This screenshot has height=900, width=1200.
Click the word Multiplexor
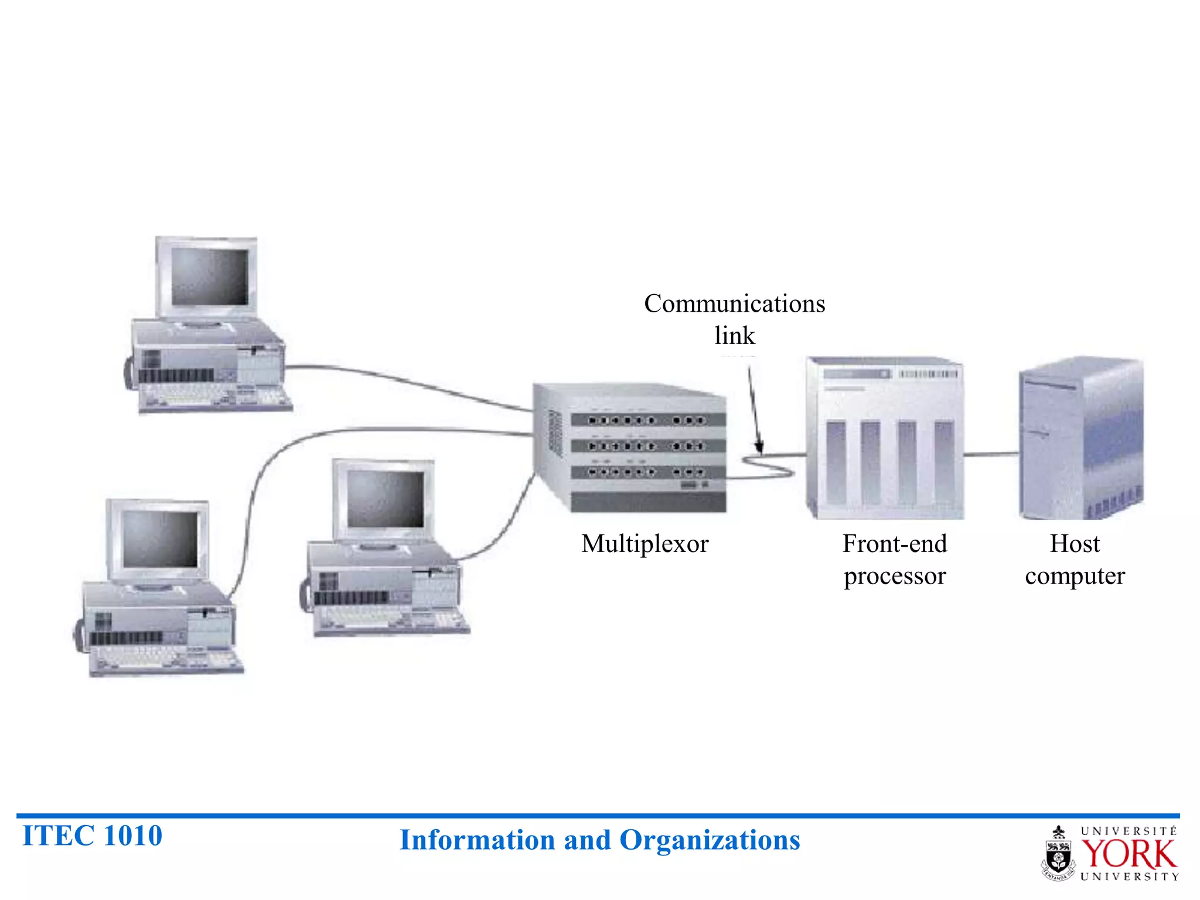click(645, 544)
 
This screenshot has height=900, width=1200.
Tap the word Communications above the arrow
click(734, 304)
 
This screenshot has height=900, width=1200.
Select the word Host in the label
click(1074, 543)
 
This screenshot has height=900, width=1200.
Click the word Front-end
click(894, 543)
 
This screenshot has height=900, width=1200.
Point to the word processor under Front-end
click(894, 576)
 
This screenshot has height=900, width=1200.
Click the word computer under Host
click(1074, 576)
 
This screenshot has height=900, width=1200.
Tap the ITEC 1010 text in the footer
click(92, 836)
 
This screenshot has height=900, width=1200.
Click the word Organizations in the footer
click(709, 840)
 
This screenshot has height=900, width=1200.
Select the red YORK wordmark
click(1128, 854)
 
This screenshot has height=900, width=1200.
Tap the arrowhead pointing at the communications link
click(759, 448)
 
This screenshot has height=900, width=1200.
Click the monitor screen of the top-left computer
click(209, 277)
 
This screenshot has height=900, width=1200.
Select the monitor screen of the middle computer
click(385, 499)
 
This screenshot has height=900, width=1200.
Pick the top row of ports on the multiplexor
click(647, 420)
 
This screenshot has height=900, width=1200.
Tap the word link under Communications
click(734, 336)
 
